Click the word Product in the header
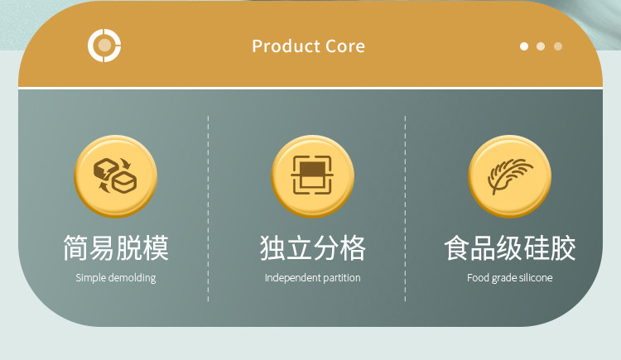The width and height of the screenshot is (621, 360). (x=286, y=46)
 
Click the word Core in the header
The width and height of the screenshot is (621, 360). (x=345, y=46)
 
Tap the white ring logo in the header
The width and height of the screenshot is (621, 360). (x=104, y=46)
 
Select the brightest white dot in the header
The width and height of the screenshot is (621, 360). (x=524, y=46)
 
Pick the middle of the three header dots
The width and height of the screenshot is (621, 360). (x=541, y=46)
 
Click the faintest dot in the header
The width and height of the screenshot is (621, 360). (x=558, y=46)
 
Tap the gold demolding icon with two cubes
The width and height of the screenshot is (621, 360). (x=115, y=176)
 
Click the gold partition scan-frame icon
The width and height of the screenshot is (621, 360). (x=312, y=176)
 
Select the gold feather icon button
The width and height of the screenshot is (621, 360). (x=510, y=176)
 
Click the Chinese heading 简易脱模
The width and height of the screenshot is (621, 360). (x=116, y=248)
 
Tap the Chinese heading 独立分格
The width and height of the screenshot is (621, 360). (x=312, y=248)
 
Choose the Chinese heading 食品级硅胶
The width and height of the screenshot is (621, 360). (x=510, y=248)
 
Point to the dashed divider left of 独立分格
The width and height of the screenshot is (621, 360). (x=208, y=209)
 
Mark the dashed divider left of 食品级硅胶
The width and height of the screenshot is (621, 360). (x=405, y=209)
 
